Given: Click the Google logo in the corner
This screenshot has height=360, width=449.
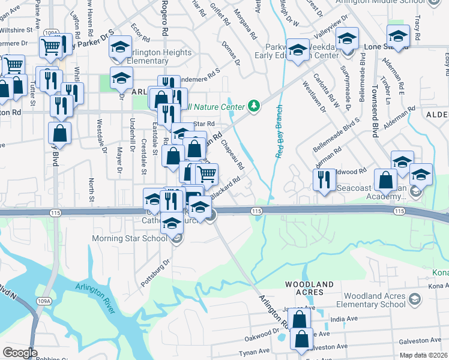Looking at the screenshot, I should click(x=20, y=352).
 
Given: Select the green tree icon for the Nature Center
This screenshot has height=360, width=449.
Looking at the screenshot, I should click(x=255, y=106).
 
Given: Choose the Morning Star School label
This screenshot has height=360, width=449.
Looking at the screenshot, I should click(x=129, y=239).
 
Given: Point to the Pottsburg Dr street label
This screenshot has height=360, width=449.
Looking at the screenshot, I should click(x=157, y=271).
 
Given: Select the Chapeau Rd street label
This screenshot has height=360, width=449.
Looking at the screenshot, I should click(x=232, y=154).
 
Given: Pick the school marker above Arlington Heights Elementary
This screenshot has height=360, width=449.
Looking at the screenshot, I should click(x=121, y=47).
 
